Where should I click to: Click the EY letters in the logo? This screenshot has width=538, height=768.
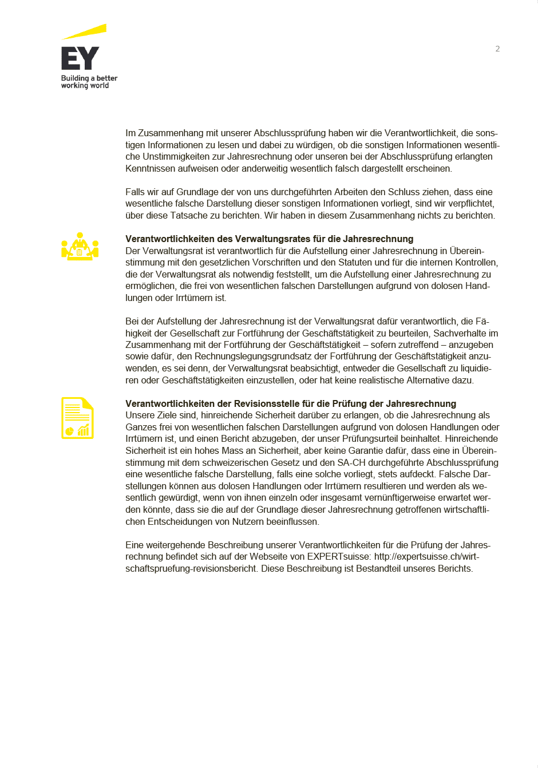(x=80, y=58)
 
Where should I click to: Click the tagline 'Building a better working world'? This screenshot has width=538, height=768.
(x=89, y=82)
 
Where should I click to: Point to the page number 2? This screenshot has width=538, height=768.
(x=497, y=49)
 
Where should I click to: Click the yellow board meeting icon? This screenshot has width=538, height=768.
(x=80, y=247)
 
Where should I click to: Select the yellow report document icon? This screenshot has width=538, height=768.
(x=77, y=418)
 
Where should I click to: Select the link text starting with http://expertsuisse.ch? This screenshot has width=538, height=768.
(x=426, y=557)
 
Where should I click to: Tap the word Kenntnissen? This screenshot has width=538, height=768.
(x=151, y=169)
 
